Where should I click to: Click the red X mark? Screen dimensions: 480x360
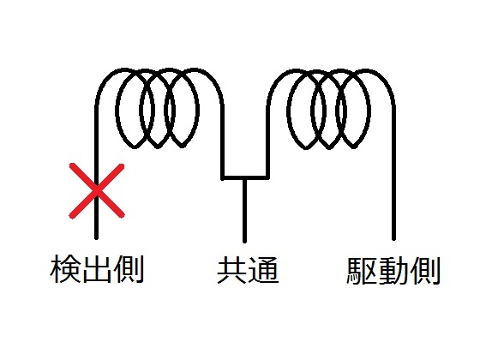tap(97, 191)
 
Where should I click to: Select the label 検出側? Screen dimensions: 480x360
tap(97, 270)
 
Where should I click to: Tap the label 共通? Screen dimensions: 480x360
tap(248, 270)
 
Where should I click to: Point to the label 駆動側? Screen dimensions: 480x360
tap(393, 271)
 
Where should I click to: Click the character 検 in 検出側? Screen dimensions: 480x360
tap(65, 270)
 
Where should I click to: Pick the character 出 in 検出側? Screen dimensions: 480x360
tap(97, 270)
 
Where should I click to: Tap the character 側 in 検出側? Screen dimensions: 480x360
tap(129, 270)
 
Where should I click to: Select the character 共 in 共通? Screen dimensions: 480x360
tap(231, 270)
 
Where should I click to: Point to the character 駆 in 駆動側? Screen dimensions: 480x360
tap(361, 271)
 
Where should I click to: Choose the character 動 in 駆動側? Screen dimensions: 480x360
tap(393, 271)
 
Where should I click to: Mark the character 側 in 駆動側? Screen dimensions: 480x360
tap(424, 271)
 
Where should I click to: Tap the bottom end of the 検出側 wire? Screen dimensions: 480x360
tap(96, 238)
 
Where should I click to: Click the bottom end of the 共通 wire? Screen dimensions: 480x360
tap(244, 241)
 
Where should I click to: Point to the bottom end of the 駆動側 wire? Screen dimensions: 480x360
tap(393, 239)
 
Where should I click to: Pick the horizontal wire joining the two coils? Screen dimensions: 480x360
tap(245, 177)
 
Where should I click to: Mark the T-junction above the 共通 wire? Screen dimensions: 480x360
tap(244, 177)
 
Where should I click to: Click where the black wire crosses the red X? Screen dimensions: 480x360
tap(97, 190)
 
